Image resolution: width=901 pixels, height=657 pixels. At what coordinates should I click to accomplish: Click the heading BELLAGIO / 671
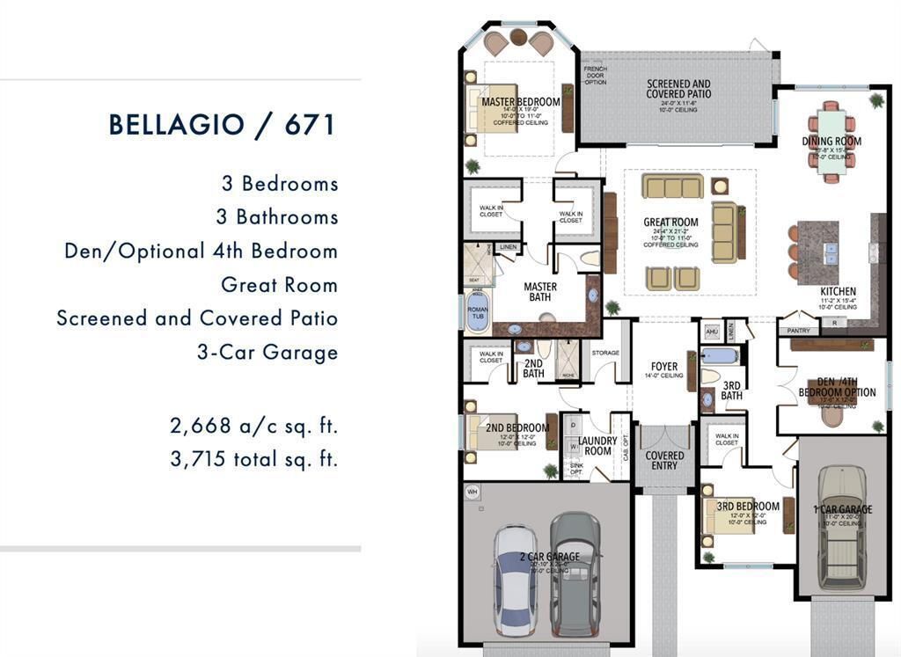(x=223, y=124)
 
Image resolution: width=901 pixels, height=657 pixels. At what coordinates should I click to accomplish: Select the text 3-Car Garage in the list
(x=267, y=353)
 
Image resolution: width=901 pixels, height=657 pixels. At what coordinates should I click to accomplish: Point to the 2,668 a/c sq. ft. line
(x=253, y=427)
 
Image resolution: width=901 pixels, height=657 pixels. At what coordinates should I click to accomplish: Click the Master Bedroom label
(x=520, y=102)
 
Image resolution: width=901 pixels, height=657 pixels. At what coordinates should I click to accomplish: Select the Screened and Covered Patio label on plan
(x=678, y=89)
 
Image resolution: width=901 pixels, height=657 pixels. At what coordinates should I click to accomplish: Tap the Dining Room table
(x=831, y=140)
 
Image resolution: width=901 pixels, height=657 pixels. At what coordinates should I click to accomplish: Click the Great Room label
(x=670, y=223)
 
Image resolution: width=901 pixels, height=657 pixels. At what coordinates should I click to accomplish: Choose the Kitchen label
(x=838, y=291)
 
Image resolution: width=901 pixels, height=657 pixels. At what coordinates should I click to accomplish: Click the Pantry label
(x=798, y=330)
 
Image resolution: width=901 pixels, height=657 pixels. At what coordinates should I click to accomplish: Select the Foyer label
(x=664, y=366)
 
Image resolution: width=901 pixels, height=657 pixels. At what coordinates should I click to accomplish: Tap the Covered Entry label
(x=664, y=460)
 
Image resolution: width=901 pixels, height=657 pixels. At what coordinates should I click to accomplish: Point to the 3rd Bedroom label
(x=747, y=507)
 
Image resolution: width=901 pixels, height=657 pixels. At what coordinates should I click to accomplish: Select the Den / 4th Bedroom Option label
(x=837, y=387)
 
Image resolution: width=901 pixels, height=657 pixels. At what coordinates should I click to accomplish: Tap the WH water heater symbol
(x=472, y=491)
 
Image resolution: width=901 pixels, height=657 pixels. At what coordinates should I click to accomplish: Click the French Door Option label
(x=596, y=76)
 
